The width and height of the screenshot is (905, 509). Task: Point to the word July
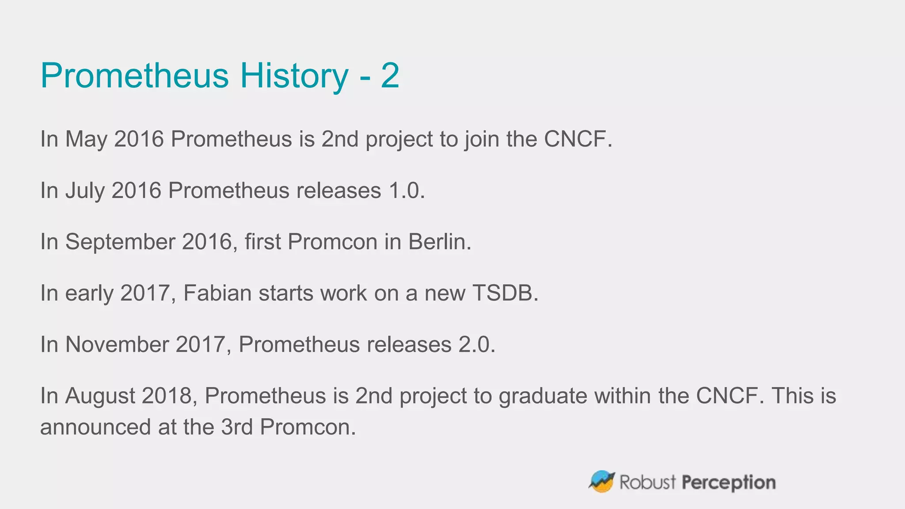85,191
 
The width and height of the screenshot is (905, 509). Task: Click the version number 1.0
406,191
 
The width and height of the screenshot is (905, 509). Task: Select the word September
120,242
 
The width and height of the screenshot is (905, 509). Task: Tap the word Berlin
439,242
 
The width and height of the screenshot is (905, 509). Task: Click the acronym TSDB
505,293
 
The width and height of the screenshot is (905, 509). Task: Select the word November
117,345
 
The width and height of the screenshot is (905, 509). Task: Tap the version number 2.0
476,345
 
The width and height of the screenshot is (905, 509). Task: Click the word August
100,396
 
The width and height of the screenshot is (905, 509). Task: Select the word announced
95,427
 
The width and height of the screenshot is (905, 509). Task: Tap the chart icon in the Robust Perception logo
602,482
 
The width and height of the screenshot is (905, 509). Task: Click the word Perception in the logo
728,482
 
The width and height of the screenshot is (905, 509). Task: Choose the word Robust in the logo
647,482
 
